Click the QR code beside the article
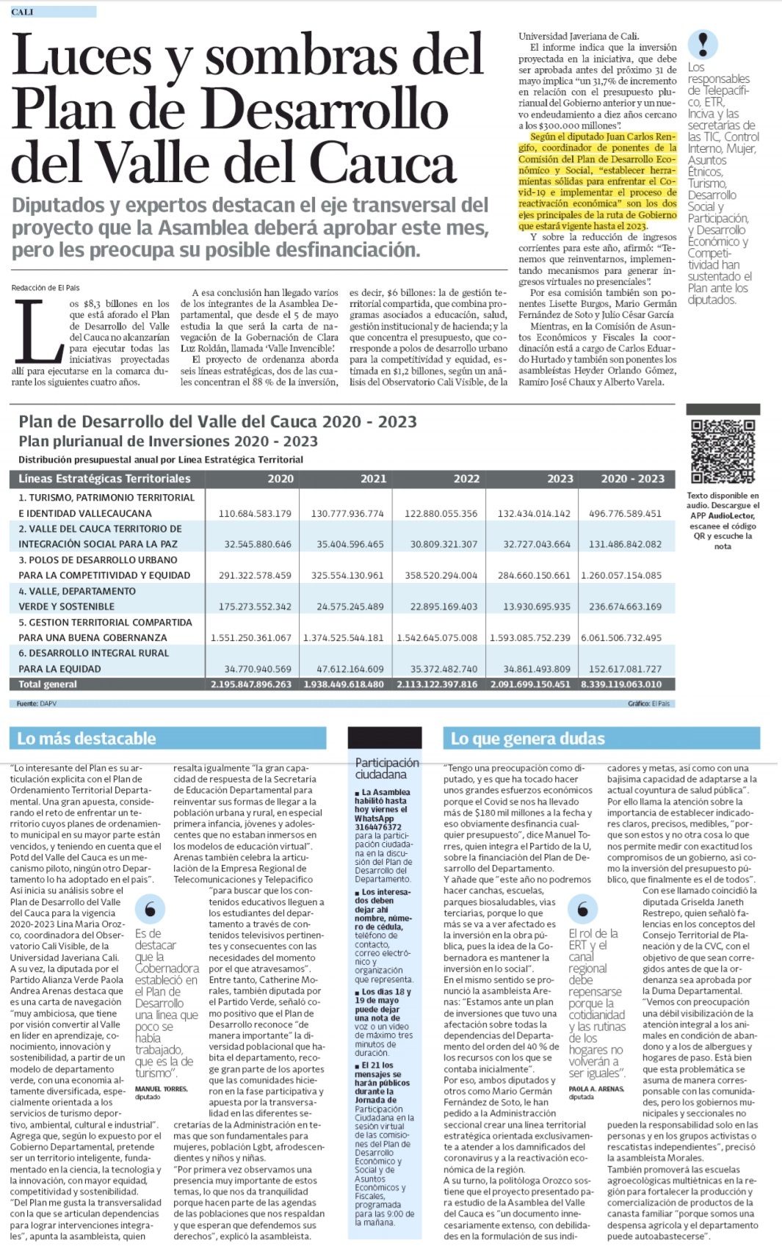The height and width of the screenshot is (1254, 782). click(x=723, y=450)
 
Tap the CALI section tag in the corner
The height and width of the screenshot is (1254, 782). click(x=23, y=12)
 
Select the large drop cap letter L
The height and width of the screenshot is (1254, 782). click(x=38, y=333)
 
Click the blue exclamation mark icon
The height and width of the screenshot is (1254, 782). click(x=703, y=44)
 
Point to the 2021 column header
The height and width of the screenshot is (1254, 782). click(x=373, y=479)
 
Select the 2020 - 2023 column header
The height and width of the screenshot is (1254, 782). click(x=632, y=479)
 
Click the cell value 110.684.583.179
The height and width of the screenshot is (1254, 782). click(x=255, y=513)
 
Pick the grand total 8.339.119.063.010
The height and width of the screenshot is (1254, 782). click(x=621, y=684)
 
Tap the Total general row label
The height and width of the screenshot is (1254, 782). click(x=48, y=684)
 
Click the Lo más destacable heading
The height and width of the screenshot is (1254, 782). click(x=87, y=739)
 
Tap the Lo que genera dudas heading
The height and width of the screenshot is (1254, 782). click(x=527, y=739)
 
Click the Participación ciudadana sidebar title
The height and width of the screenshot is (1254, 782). click(x=387, y=769)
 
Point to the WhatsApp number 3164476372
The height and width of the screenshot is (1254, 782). click(x=378, y=827)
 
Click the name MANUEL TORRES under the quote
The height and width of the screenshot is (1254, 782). click(x=161, y=1089)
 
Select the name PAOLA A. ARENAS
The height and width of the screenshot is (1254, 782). click(x=595, y=1089)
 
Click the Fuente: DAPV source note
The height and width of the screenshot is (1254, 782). click(x=37, y=703)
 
